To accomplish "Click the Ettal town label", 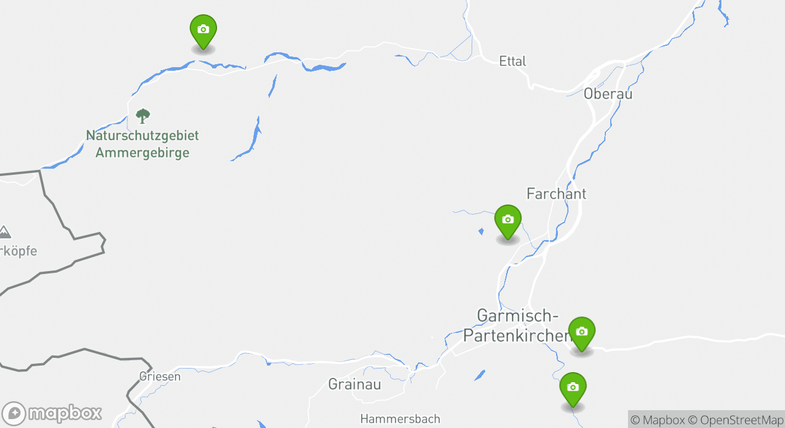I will (x=513, y=61).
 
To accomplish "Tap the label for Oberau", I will (x=608, y=94).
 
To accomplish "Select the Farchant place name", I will (x=556, y=194).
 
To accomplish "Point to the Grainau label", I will (x=354, y=384).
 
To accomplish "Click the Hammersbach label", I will (x=400, y=419).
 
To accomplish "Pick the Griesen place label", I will (x=159, y=376).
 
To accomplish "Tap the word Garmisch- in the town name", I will (x=517, y=316).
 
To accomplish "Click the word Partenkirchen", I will (x=516, y=335).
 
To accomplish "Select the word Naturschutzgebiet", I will (x=143, y=136).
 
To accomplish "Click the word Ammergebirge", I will (x=143, y=153).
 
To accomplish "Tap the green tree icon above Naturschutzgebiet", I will (x=143, y=115).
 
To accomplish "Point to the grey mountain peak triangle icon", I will (x=4, y=232).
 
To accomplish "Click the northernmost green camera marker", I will (x=203, y=30).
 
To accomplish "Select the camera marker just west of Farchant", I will (x=507, y=220).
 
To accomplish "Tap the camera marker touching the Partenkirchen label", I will (x=582, y=332).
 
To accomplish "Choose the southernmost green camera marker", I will (x=573, y=388).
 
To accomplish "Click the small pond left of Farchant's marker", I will (x=481, y=231).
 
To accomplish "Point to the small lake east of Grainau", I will (x=479, y=375).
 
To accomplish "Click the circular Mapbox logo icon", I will (x=14, y=414).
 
